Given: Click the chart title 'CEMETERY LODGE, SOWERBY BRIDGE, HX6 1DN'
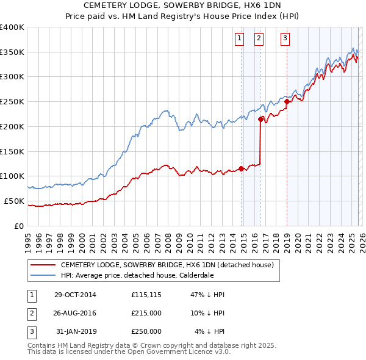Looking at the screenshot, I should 183,7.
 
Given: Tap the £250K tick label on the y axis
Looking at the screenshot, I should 12,102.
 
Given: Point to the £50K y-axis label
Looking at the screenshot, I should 14,201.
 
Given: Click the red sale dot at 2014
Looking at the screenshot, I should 242,168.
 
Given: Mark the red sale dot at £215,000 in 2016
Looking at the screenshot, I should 261,119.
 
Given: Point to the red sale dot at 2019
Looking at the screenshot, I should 287,102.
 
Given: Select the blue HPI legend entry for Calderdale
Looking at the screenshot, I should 145,275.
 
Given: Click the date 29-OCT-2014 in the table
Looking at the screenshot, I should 75,295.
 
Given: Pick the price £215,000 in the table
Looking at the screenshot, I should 146,313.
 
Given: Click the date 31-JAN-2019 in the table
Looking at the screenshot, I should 75,331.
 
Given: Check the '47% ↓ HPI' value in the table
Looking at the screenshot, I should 207,295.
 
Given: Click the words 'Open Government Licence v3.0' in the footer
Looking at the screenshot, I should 192,352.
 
